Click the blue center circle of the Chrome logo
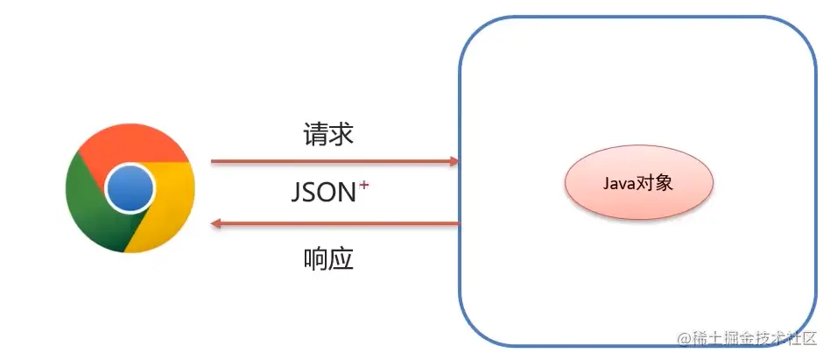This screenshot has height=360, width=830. tap(130, 187)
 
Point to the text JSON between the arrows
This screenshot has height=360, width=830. tap(323, 193)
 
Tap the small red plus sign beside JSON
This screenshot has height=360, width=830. tap(363, 185)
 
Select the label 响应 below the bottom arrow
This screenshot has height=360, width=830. tap(328, 259)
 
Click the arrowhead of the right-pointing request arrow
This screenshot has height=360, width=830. tap(454, 161)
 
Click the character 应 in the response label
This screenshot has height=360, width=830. tap(341, 259)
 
